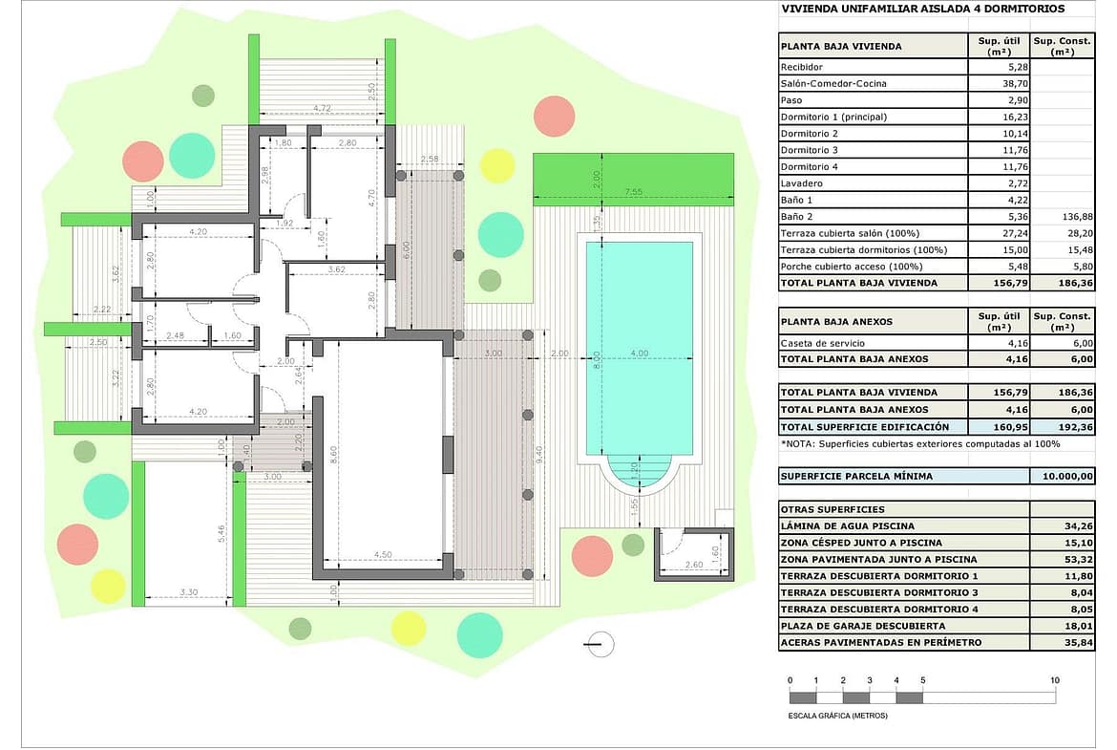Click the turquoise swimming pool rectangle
point(639,349)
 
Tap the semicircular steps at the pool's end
point(639,473)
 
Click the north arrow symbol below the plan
point(600,645)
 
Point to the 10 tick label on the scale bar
point(1054,680)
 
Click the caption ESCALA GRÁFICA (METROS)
point(838,716)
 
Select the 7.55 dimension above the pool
point(633,192)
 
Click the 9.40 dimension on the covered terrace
point(539,454)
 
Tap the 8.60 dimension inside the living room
point(333,454)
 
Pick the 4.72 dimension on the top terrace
point(322,108)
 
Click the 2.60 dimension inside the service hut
point(693,565)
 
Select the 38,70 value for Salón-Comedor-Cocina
point(1014,83)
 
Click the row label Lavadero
point(801,183)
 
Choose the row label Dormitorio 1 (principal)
point(833,117)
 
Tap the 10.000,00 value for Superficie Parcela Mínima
point(1067,476)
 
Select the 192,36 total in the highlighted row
point(1076,427)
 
